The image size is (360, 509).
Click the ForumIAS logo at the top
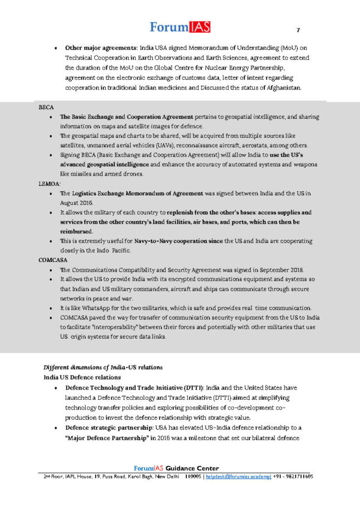pyautogui.click(x=179, y=26)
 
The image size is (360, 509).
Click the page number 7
pyautogui.click(x=298, y=31)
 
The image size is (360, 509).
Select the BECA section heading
pyautogui.click(x=46, y=107)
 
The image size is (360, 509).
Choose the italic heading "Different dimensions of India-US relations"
pyautogui.click(x=103, y=367)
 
